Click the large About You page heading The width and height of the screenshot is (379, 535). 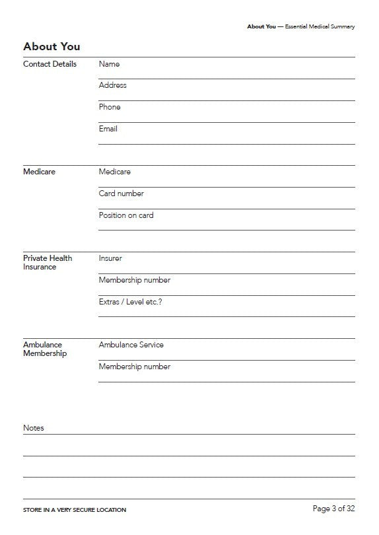pos(52,46)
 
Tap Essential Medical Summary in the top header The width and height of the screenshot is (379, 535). pos(320,26)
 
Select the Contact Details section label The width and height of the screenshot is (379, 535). pos(50,64)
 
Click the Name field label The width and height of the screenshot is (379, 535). pos(109,64)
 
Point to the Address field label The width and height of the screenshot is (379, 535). pos(112,85)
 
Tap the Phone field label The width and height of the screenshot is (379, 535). pos(110,107)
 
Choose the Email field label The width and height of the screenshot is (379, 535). pos(108,129)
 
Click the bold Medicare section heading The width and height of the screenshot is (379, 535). pos(39,172)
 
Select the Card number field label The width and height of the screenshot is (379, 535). pos(121,194)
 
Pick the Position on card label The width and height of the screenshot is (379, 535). pos(126,215)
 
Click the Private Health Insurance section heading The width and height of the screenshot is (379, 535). pos(48,262)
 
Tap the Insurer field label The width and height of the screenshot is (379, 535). pos(110,258)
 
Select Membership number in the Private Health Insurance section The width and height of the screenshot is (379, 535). pos(134,280)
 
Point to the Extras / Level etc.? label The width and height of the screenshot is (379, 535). pos(130,302)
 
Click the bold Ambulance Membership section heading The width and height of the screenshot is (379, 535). pos(45,349)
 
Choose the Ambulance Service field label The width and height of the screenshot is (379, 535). pos(131,345)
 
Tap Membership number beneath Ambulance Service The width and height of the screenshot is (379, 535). pos(134,367)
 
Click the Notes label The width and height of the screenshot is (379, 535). pos(34,428)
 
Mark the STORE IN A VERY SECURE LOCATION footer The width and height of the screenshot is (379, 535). pos(75,510)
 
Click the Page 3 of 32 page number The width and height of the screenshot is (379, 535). pos(333,509)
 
